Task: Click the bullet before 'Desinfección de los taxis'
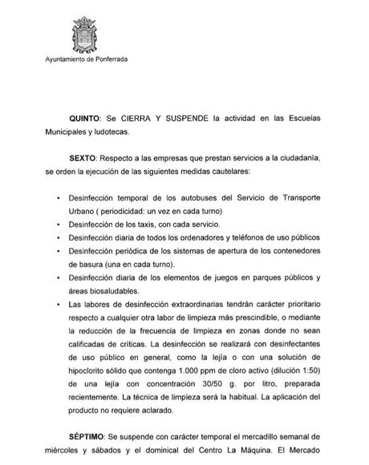[x=58, y=224]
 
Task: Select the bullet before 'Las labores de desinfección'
[x=58, y=306]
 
